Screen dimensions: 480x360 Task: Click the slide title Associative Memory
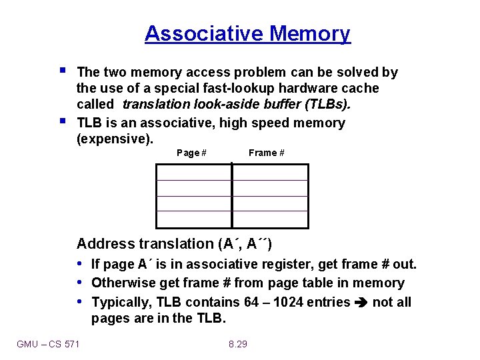tap(247, 33)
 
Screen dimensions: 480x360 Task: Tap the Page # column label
tap(191, 153)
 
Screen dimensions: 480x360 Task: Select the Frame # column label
tap(267, 153)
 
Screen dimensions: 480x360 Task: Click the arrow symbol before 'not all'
tap(361, 303)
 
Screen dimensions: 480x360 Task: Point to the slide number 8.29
tap(238, 344)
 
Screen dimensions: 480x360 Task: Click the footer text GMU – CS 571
tap(48, 344)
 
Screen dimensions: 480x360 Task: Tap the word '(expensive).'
tap(115, 139)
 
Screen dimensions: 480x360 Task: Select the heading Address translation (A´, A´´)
tap(174, 244)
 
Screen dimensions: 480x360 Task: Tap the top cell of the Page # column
tap(193, 172)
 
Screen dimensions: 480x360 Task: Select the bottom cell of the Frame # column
tap(270, 220)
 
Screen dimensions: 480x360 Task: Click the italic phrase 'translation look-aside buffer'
tap(215, 105)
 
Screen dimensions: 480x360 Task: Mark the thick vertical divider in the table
tap(232, 196)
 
